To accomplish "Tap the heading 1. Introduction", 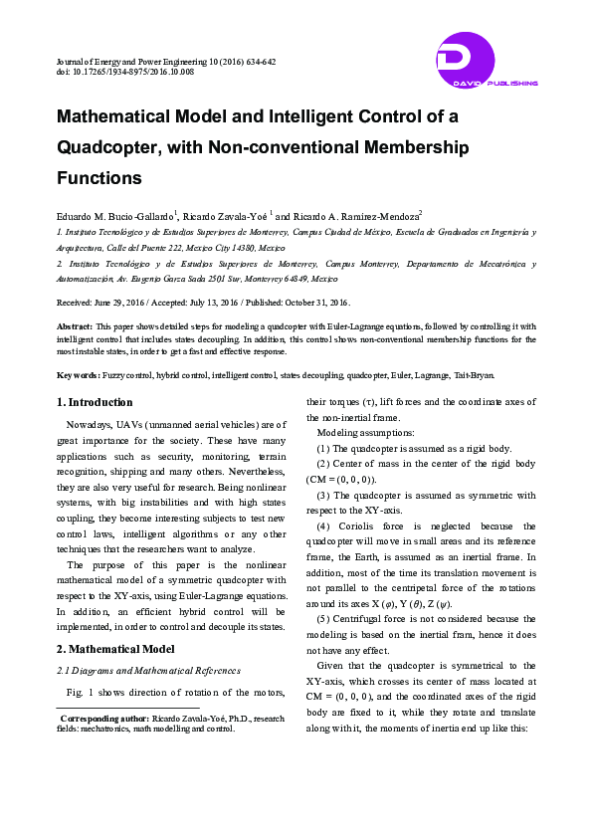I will click(94, 402).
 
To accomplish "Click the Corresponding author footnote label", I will click(104, 718).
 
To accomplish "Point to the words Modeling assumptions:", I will click(359, 434).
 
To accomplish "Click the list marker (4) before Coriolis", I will click(324, 525).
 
